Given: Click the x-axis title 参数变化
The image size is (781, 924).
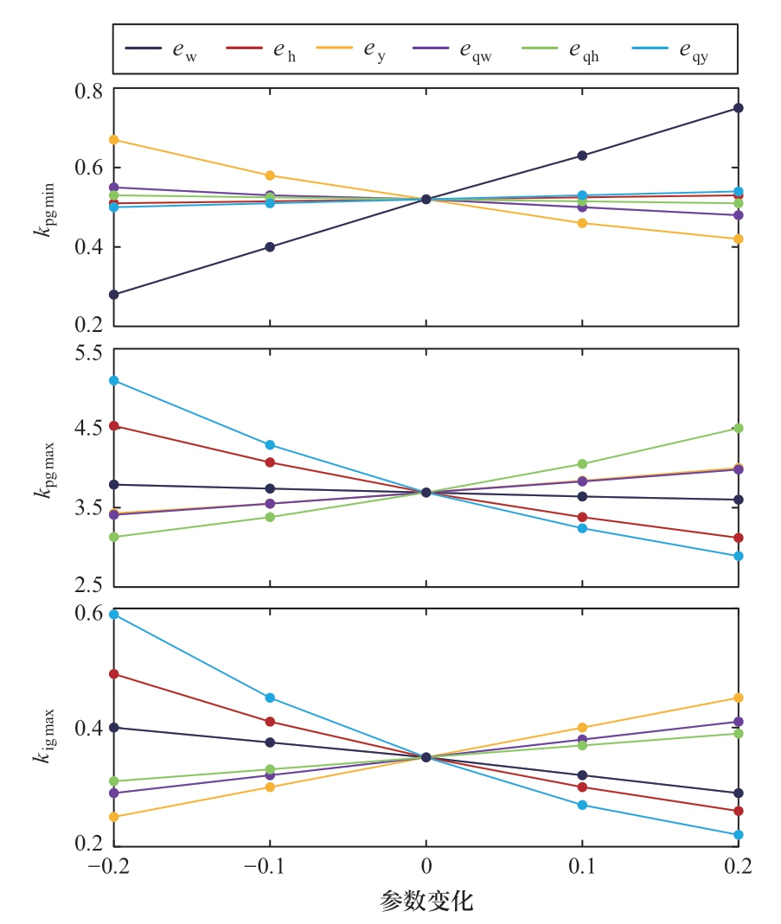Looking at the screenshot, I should pyautogui.click(x=426, y=902).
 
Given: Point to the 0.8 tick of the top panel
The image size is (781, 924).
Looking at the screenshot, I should pyautogui.click(x=89, y=89).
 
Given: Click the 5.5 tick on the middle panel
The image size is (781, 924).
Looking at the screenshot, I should pyautogui.click(x=89, y=353).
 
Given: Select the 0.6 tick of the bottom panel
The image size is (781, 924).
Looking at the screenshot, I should pyautogui.click(x=89, y=614).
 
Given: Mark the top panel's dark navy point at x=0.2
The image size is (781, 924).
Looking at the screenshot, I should pyautogui.click(x=738, y=108).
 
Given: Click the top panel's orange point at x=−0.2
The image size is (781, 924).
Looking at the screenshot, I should pyautogui.click(x=113, y=140).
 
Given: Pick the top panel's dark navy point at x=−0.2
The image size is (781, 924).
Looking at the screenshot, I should pyautogui.click(x=113, y=295).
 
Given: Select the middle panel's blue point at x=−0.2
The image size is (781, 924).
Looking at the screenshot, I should pyautogui.click(x=113, y=380).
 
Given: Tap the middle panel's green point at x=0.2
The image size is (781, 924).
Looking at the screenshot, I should pyautogui.click(x=738, y=428).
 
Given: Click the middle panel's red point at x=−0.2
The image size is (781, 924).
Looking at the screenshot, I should pyautogui.click(x=113, y=426).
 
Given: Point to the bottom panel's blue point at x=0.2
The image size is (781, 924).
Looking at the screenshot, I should pyautogui.click(x=738, y=835).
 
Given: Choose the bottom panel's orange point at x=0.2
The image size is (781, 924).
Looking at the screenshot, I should pyautogui.click(x=738, y=698).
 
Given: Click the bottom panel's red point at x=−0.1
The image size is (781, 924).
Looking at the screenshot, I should pyautogui.click(x=270, y=722).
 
